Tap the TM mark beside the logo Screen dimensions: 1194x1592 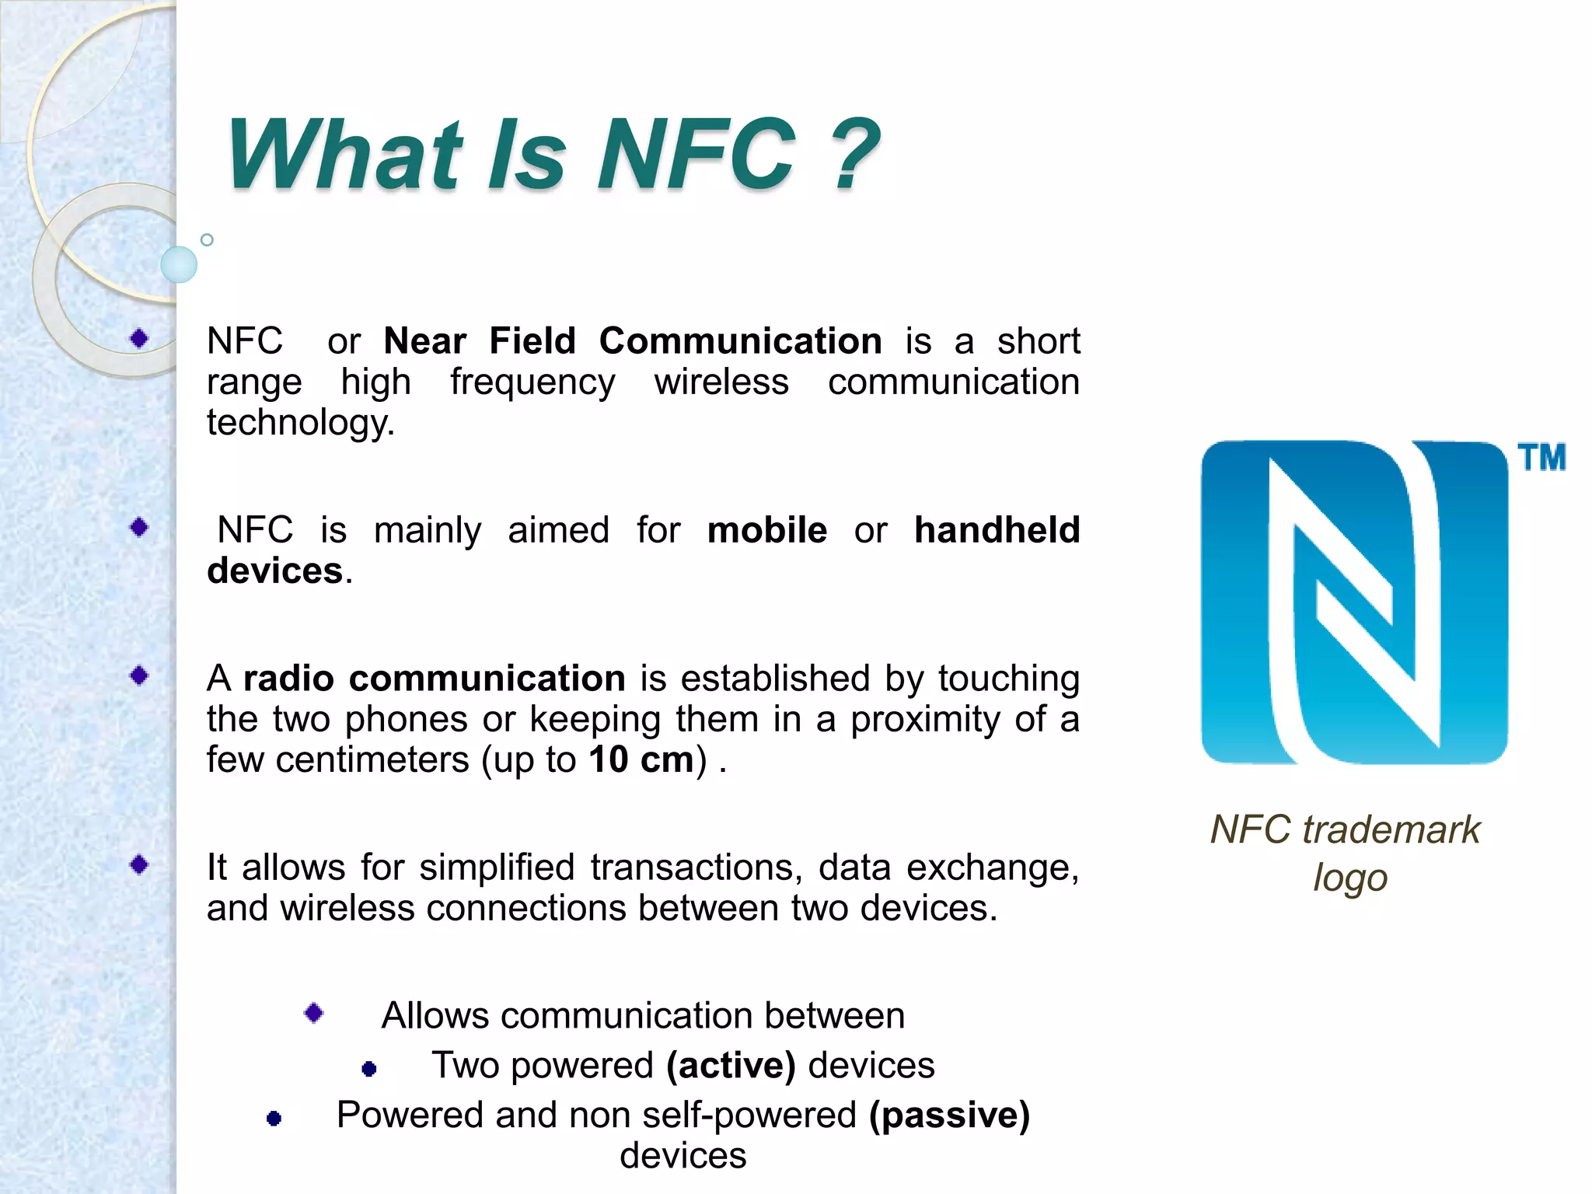pyautogui.click(x=1541, y=457)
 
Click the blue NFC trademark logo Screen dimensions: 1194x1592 pyautogui.click(x=1353, y=602)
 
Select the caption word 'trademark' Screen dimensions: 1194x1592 pyautogui.click(x=1391, y=829)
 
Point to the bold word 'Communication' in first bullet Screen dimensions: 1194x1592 pyautogui.click(x=740, y=341)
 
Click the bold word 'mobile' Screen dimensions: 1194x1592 pyautogui.click(x=766, y=530)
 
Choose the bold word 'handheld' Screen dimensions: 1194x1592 pyautogui.click(x=997, y=530)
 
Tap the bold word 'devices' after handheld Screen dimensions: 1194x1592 pyautogui.click(x=275, y=571)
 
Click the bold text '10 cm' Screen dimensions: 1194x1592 pyautogui.click(x=641, y=759)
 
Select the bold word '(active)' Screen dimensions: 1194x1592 pyautogui.click(x=731, y=1065)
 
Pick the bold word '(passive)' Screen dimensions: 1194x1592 pyautogui.click(x=949, y=1115)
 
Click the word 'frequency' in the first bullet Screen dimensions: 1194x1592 pyautogui.click(x=532, y=382)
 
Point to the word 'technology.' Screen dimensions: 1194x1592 pyautogui.click(x=301, y=423)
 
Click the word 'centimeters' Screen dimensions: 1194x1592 pyautogui.click(x=372, y=759)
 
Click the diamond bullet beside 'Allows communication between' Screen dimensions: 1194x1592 pyautogui.click(x=314, y=1013)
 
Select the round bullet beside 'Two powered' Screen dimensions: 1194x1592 pyautogui.click(x=369, y=1070)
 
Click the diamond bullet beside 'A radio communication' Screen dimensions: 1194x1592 pyautogui.click(x=140, y=676)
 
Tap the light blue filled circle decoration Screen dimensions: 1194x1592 pyautogui.click(x=179, y=264)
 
